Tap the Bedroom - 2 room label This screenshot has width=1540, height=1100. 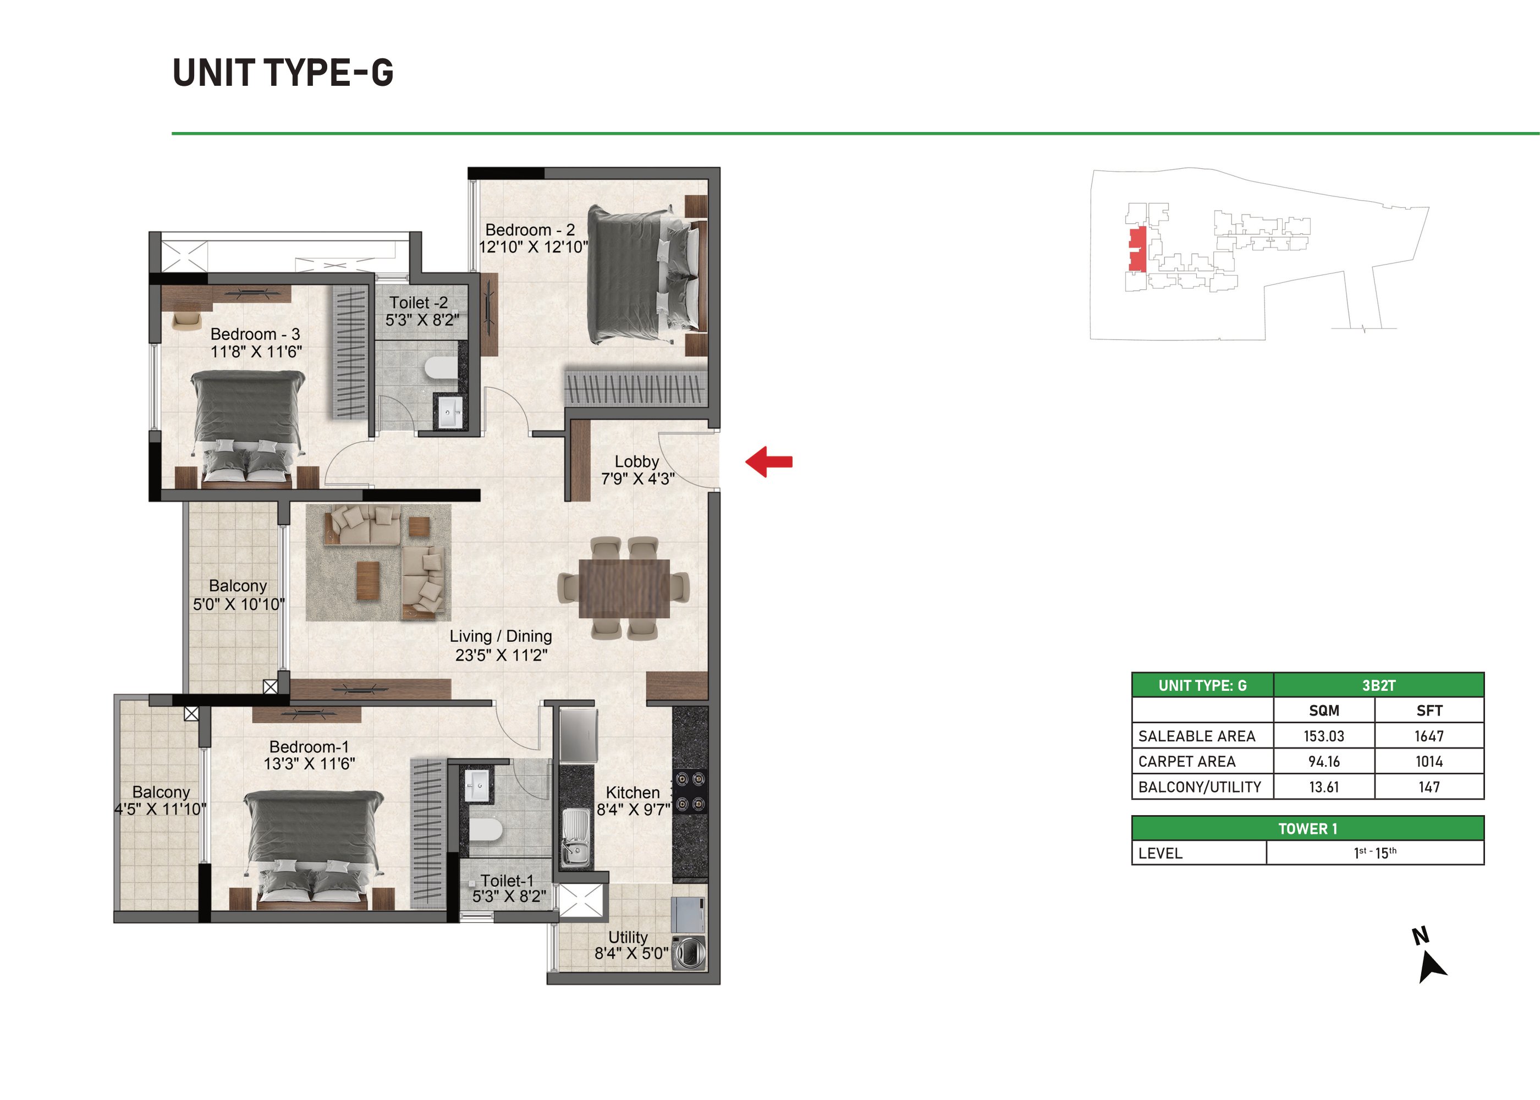pos(530,229)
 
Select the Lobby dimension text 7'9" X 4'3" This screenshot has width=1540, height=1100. pos(637,479)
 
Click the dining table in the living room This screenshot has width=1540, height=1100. pos(624,588)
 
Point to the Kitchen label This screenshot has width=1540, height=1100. pos(632,792)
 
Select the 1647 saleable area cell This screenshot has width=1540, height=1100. pos(1429,736)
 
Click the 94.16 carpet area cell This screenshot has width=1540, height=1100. pos(1323,761)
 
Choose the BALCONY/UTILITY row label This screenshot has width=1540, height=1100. pos(1200,787)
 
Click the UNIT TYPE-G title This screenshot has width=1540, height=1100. pos(283,73)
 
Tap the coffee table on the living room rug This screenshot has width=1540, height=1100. pos(368,580)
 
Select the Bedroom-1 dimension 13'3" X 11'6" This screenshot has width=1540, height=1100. pos(310,763)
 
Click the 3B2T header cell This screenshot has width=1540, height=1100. pos(1378,685)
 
